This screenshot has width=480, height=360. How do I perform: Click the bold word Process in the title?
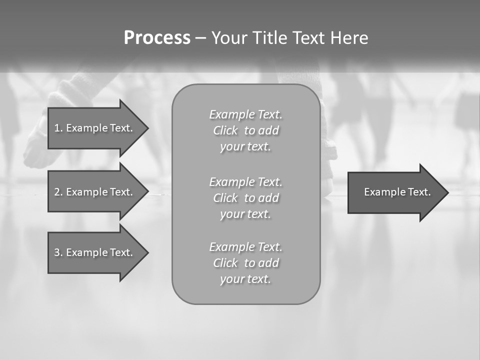click(157, 38)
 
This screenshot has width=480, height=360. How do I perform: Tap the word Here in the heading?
click(348, 38)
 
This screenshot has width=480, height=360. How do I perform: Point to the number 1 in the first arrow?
click(57, 128)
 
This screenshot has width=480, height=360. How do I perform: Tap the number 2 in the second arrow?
click(57, 192)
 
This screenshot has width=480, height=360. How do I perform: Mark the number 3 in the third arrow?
click(57, 252)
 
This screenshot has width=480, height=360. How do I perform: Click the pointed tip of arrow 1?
click(145, 128)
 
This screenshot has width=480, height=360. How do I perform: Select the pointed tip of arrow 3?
click(145, 252)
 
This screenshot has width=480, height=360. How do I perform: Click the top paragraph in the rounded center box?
click(245, 130)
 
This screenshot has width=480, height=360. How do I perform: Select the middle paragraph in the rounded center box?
click(245, 197)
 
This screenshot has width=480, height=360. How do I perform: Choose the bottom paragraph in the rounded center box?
click(245, 263)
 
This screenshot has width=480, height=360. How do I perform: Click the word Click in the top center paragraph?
click(225, 130)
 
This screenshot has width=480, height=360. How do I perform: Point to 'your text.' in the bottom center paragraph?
click(245, 279)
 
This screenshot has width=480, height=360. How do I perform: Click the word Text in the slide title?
click(307, 38)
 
